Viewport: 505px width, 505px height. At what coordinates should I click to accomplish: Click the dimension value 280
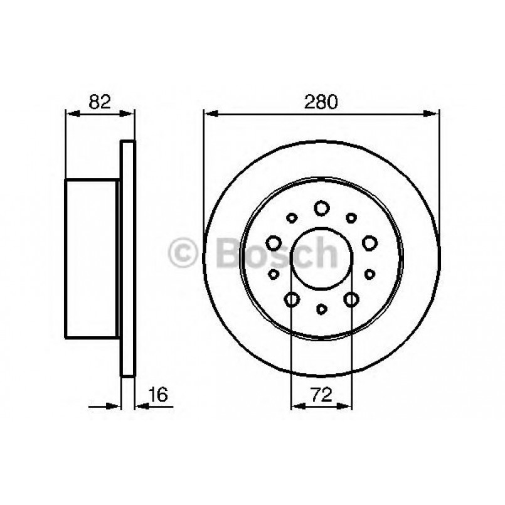(x=321, y=101)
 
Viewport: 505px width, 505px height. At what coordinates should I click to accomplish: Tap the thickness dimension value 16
(x=159, y=395)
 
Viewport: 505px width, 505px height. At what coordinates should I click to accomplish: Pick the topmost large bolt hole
(x=322, y=207)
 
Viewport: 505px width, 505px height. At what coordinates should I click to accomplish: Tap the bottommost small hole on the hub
(x=322, y=308)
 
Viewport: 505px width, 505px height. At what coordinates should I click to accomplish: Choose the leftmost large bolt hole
(x=274, y=242)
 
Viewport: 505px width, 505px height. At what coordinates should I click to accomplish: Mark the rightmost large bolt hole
(x=369, y=242)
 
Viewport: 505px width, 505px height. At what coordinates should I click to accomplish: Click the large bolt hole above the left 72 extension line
(x=292, y=299)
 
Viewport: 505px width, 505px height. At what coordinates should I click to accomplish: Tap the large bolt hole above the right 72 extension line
(x=351, y=299)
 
